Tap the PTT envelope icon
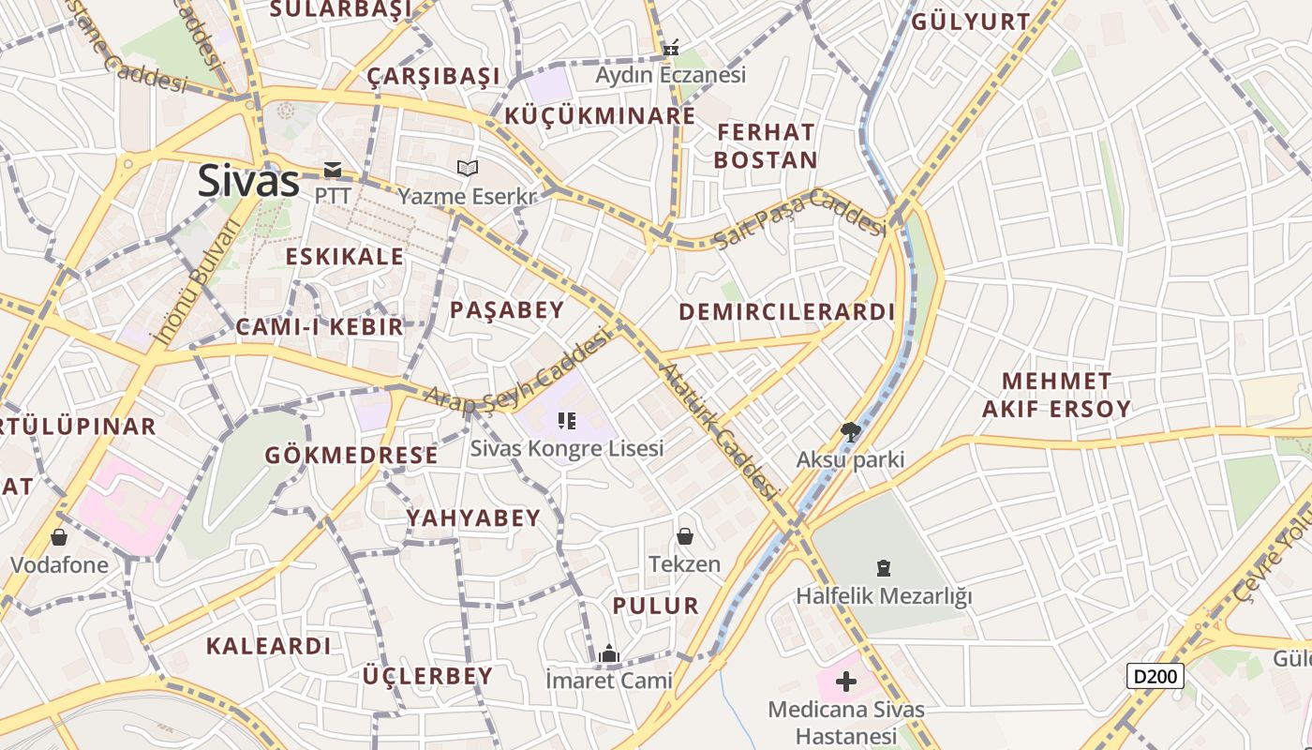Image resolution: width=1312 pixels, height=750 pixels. point(333,170)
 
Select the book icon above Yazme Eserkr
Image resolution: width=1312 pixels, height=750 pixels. point(467,169)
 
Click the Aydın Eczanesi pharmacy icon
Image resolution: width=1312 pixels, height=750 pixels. point(671,48)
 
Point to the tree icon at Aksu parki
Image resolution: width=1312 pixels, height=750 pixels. point(850,432)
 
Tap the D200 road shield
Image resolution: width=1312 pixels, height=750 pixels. point(1155,675)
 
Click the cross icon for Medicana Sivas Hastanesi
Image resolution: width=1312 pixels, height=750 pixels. point(846,681)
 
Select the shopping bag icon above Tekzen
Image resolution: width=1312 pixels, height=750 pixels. point(685,536)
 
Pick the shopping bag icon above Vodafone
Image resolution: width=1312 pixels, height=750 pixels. point(59,537)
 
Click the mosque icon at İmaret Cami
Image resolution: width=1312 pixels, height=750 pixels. point(609,653)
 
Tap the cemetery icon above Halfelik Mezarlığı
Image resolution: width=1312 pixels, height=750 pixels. point(883,567)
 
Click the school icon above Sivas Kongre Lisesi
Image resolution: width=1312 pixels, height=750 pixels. point(566,421)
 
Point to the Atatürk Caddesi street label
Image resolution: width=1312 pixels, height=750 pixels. point(720,430)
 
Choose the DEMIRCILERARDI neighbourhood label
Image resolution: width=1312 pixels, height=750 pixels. point(786,312)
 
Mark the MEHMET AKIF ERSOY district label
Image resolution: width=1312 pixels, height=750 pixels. point(1056,395)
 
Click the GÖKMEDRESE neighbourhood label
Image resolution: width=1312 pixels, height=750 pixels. point(351,456)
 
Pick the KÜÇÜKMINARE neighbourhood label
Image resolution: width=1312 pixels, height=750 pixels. point(600,116)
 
